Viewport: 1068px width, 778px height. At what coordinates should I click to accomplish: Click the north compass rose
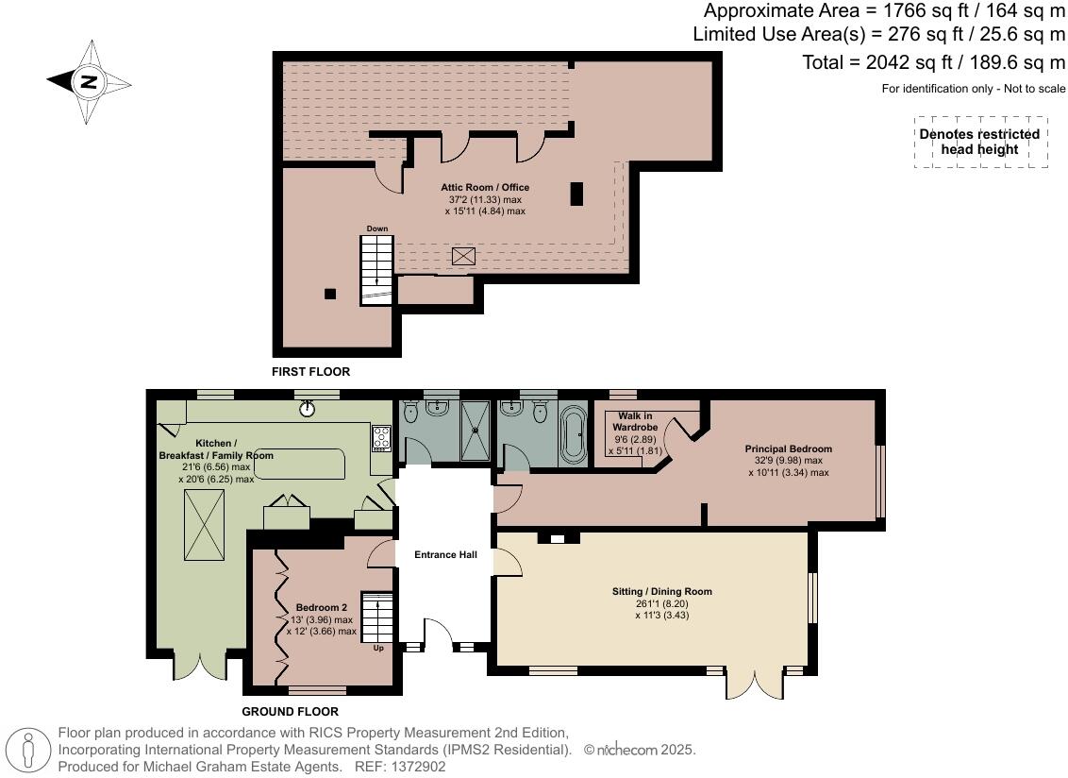point(88,81)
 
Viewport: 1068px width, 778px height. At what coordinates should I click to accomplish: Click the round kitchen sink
point(308,409)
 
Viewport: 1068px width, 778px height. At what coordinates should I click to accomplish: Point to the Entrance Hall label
point(444,555)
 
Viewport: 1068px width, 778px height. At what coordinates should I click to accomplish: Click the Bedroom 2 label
point(321,607)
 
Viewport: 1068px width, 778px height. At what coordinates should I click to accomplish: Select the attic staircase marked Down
point(376,269)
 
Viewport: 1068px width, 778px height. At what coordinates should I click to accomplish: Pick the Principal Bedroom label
point(788,448)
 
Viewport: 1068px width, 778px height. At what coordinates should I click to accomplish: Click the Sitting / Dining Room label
point(661,592)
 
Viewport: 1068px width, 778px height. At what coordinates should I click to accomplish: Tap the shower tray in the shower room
point(476,431)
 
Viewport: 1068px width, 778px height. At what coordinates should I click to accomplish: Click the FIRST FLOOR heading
point(310,372)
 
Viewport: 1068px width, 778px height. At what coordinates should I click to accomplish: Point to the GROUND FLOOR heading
point(290,712)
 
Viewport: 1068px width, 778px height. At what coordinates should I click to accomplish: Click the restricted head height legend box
point(978,143)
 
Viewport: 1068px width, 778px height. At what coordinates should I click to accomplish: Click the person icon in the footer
point(30,750)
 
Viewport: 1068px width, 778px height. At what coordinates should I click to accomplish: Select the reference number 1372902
point(426,767)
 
